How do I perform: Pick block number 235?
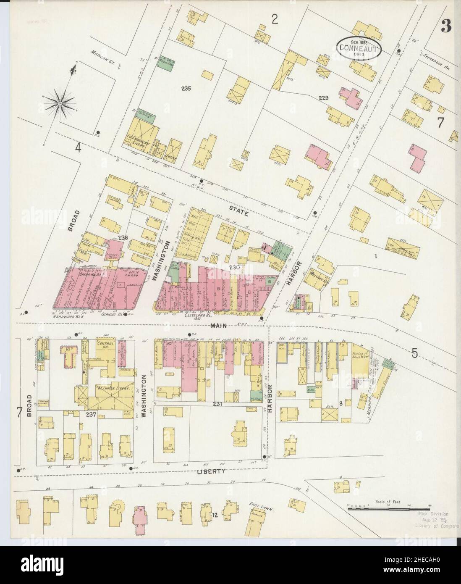[x=186, y=89]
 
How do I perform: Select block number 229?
[x=323, y=98]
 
